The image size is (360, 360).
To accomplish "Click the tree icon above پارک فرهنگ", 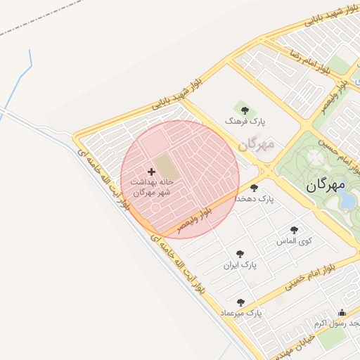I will (245, 110).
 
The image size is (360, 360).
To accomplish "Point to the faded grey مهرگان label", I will (255, 145).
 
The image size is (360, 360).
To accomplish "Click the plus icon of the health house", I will (151, 172).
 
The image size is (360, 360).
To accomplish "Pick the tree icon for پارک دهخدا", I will (254, 188).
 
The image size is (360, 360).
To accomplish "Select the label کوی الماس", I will (294, 241).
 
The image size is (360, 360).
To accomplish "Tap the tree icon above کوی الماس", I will (294, 230).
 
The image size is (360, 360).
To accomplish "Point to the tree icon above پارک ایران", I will (240, 254).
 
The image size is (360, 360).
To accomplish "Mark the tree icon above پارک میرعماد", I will (241, 302).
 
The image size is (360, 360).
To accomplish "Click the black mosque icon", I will (342, 313).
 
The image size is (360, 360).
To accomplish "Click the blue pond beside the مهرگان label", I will (347, 200).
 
